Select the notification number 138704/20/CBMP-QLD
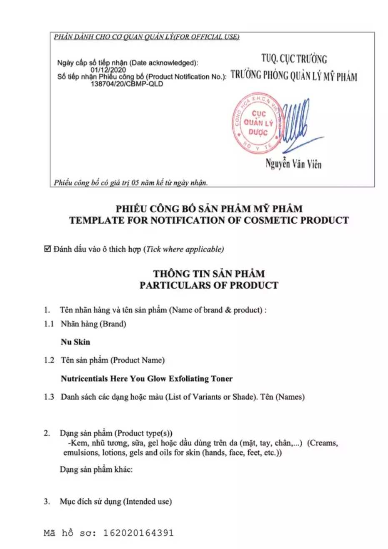(127, 84)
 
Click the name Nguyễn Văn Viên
(293, 164)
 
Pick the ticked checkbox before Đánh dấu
(47, 249)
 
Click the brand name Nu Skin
(75, 342)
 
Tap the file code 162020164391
(138, 533)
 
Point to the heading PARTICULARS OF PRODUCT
(209, 285)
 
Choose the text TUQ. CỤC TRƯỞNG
(294, 59)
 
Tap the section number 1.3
(49, 397)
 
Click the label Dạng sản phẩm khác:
(96, 469)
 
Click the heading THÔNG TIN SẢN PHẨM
(209, 274)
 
